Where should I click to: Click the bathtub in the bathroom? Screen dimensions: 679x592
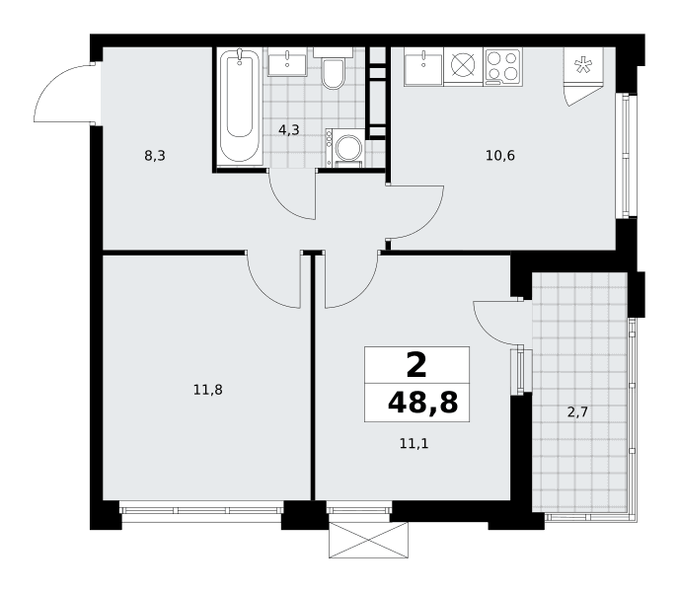240,107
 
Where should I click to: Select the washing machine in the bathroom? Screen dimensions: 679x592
345,148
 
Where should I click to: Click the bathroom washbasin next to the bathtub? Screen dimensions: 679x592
287,61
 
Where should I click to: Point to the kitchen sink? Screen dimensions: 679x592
423,67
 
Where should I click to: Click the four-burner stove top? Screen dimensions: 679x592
502,66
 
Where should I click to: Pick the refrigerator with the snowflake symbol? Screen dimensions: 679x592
583,76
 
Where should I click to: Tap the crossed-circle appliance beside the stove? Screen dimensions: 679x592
463,65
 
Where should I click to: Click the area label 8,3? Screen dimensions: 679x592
155,156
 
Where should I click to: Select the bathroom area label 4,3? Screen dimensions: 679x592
289,129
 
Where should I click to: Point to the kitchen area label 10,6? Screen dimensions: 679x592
500,156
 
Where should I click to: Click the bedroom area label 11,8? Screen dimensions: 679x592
208,390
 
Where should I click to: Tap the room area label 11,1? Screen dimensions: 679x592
414,443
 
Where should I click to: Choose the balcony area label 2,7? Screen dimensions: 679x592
577,411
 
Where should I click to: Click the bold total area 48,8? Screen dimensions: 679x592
422,403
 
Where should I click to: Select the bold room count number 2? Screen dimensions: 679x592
417,365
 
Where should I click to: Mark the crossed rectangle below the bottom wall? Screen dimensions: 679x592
368,540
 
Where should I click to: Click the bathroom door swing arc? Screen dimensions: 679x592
283,204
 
